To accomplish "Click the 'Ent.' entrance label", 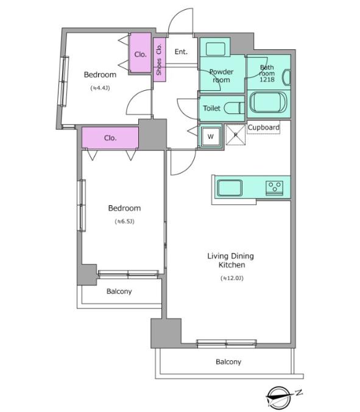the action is click(x=181, y=51).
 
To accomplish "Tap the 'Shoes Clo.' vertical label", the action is click(x=159, y=59).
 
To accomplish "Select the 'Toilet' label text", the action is click(x=211, y=108).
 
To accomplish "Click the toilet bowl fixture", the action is click(x=235, y=108).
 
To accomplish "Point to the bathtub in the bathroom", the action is click(x=269, y=102).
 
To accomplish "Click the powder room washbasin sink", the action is click(x=215, y=49).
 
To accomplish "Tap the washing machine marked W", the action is click(x=211, y=137).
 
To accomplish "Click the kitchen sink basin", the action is click(x=230, y=188).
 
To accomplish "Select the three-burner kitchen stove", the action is click(x=274, y=188).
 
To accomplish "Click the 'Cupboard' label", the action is click(x=263, y=127).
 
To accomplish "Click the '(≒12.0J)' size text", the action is click(x=232, y=278).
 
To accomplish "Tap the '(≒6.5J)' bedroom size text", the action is click(x=124, y=221).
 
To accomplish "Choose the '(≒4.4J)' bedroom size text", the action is click(x=100, y=88).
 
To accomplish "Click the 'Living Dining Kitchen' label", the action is click(x=231, y=260).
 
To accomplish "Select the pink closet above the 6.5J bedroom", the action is click(x=110, y=138).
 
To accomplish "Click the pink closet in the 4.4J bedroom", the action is click(x=141, y=52).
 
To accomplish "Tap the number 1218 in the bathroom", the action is click(x=267, y=79).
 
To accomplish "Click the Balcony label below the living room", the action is click(x=228, y=362).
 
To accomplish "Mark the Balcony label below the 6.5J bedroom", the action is click(x=119, y=291).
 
